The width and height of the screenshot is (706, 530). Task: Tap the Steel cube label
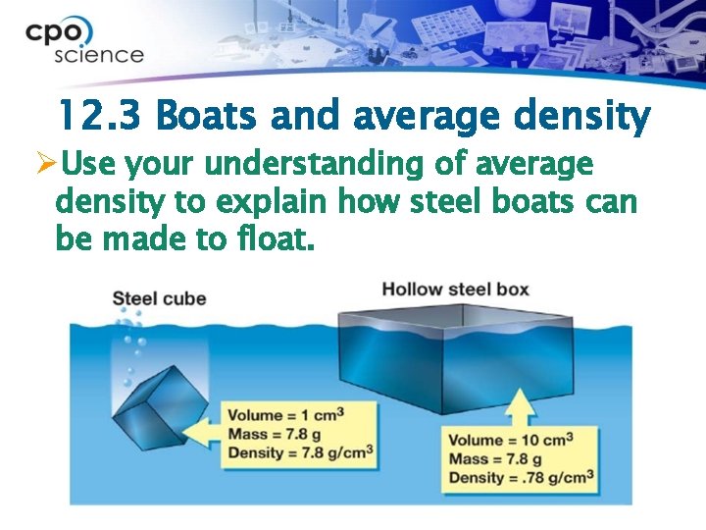[159, 297]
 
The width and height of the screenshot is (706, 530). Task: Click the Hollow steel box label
[455, 290]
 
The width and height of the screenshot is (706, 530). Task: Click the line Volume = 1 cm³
[285, 415]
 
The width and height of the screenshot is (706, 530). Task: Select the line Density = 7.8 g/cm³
[300, 452]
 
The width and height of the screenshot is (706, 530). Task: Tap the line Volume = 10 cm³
[510, 440]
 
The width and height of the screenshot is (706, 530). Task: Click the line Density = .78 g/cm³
[521, 478]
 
